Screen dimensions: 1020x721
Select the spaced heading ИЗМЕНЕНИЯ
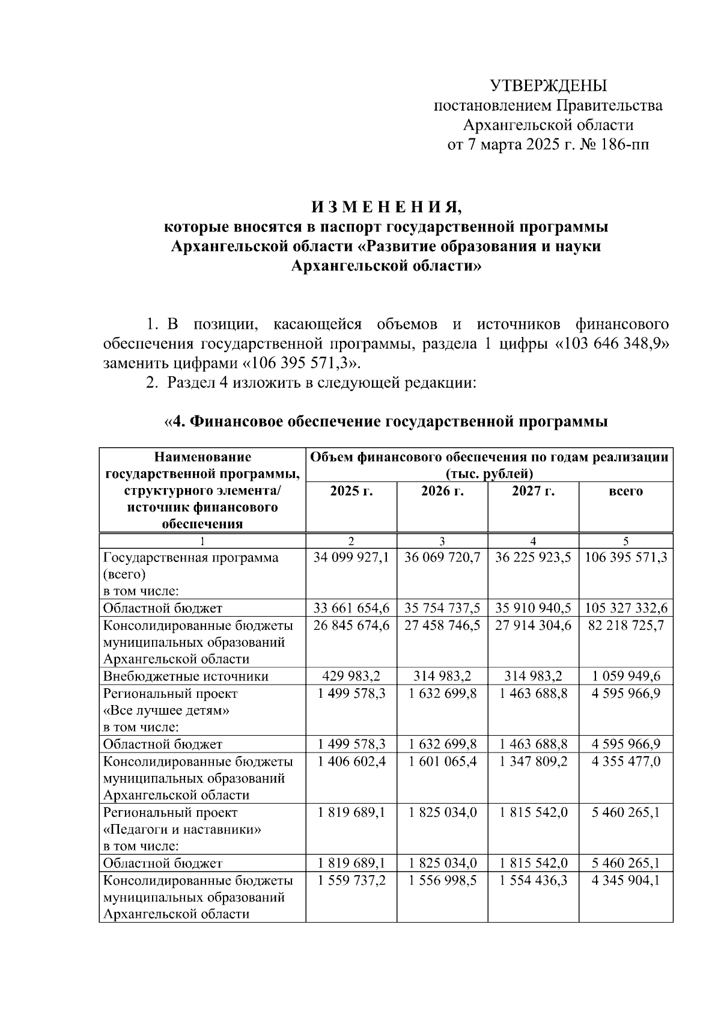pyautogui.click(x=386, y=207)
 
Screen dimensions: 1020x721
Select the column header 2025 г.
pyautogui.click(x=351, y=491)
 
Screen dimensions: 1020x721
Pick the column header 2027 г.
pyautogui.click(x=533, y=491)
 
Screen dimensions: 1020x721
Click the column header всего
pyautogui.click(x=625, y=491)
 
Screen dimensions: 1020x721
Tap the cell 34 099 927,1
pyautogui.click(x=351, y=557)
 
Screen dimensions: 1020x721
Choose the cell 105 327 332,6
pyautogui.click(x=625, y=608)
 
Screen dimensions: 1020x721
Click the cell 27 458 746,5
pyautogui.click(x=442, y=625)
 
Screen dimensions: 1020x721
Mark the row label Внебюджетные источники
pyautogui.click(x=186, y=676)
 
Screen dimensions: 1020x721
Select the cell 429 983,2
pyautogui.click(x=351, y=676)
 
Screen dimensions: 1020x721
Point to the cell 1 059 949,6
pyautogui.click(x=625, y=676)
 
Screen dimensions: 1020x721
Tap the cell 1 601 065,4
pyautogui.click(x=442, y=762)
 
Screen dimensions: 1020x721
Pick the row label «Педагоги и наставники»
pyautogui.click(x=183, y=829)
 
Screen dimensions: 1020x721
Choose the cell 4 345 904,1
pyautogui.click(x=625, y=881)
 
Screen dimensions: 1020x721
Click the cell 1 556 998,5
pyautogui.click(x=442, y=881)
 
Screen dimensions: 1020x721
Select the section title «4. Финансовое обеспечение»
pyautogui.click(x=386, y=421)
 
